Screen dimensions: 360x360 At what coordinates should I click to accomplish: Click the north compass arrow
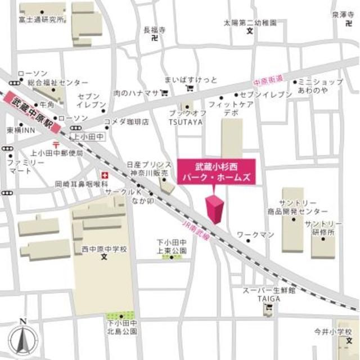tap(22, 338)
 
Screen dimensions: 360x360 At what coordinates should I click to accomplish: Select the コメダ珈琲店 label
tap(126, 121)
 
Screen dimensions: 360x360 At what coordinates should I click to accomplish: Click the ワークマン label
tap(254, 233)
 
